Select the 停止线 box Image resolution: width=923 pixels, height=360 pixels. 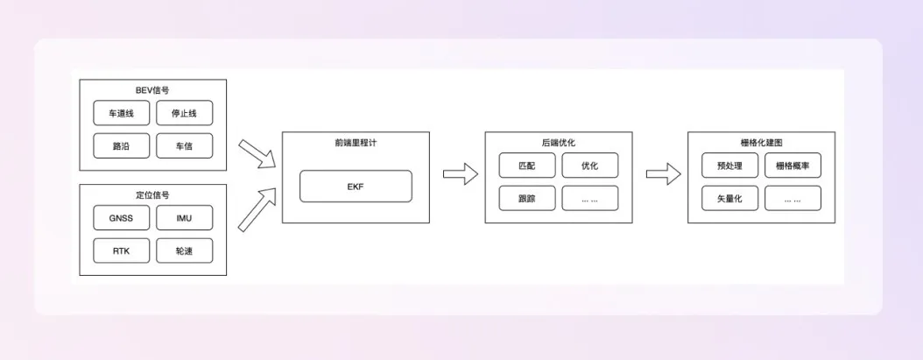click(184, 113)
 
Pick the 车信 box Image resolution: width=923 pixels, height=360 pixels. click(184, 146)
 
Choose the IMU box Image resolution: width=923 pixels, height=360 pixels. click(184, 218)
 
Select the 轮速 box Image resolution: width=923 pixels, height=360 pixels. click(184, 251)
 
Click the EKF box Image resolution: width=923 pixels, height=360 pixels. click(355, 187)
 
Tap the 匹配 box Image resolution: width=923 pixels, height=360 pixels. click(526, 166)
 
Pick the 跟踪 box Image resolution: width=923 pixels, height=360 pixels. click(526, 199)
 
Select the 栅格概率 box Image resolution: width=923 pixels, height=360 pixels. click(793, 166)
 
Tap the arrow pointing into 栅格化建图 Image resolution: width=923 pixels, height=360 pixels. click(663, 173)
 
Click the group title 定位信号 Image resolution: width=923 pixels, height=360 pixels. click(152, 194)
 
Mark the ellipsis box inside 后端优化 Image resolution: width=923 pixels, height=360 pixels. click(589, 199)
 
